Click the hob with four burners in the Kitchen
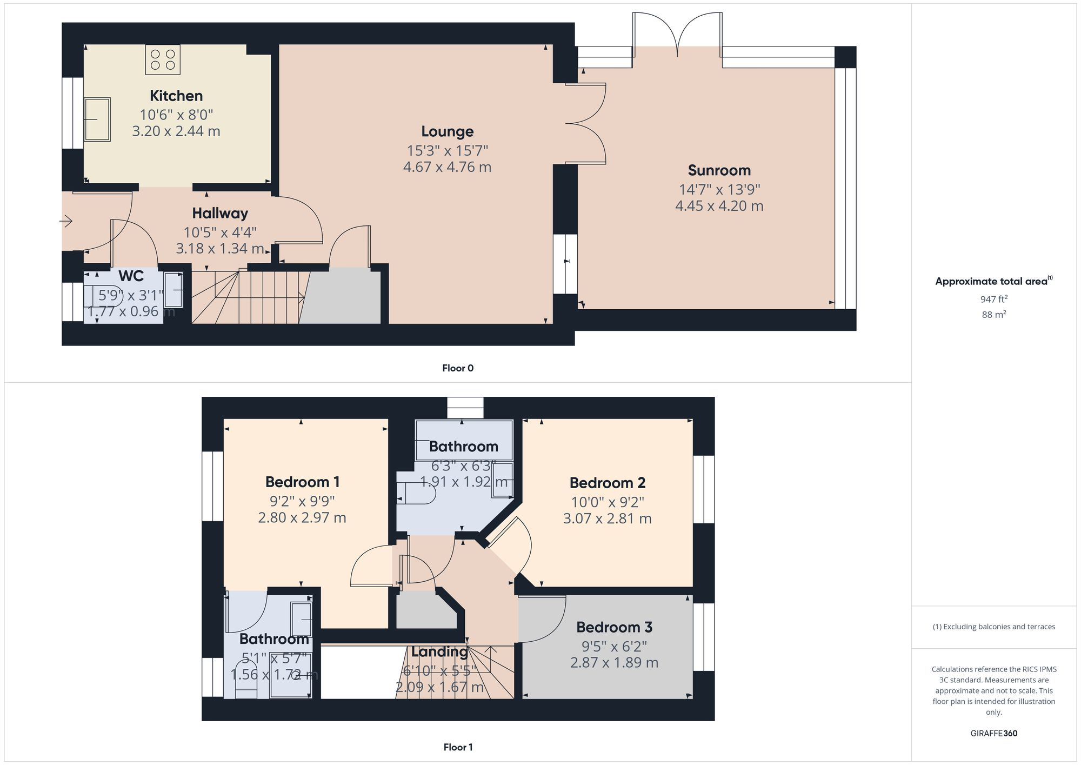pos(163,60)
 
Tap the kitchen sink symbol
pos(97,119)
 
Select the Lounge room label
pos(447,131)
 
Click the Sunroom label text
pos(719,170)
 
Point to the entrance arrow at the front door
pos(66,221)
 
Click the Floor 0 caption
pos(457,368)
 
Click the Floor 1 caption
pos(457,747)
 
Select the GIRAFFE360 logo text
pos(993,733)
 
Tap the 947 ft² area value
pos(993,299)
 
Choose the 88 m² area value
pos(993,314)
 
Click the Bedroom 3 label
pos(614,627)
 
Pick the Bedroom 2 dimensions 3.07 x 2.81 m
pos(607,518)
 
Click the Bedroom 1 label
pos(302,482)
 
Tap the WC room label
pos(131,276)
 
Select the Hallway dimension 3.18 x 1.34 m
pos(219,249)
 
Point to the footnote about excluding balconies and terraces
pos(993,627)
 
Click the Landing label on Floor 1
pos(439,652)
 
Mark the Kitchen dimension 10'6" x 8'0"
pos(176,115)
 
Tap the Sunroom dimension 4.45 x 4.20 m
pos(719,206)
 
